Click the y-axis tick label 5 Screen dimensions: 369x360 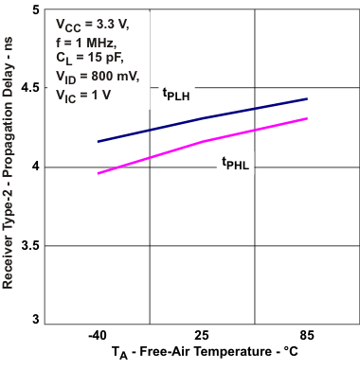[34, 10]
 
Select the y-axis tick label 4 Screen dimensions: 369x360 [34, 167]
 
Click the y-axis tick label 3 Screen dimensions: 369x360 [34, 324]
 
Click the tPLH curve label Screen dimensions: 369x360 [177, 94]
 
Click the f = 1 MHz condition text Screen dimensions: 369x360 [86, 44]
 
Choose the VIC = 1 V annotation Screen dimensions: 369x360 [81, 96]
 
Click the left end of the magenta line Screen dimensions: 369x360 [99, 173]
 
